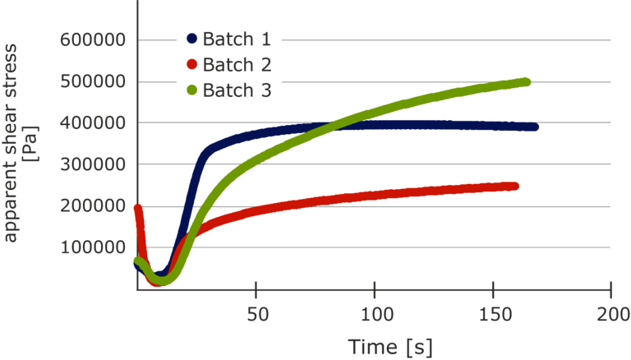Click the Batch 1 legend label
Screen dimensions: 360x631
tap(237, 39)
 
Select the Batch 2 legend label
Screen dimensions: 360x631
tap(237, 65)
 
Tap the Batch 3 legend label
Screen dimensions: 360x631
tap(237, 90)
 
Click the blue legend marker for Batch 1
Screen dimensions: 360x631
tap(192, 39)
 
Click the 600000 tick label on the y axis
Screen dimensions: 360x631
tap(92, 39)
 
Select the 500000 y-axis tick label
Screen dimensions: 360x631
tap(92, 81)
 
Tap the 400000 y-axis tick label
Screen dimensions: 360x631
tap(92, 122)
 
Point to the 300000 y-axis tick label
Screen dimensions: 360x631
tap(92, 164)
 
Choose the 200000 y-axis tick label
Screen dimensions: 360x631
tap(92, 205)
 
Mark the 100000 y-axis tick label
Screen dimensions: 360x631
tap(92, 247)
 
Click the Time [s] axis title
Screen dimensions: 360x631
tap(389, 346)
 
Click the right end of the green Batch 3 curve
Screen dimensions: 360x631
tap(527, 81)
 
